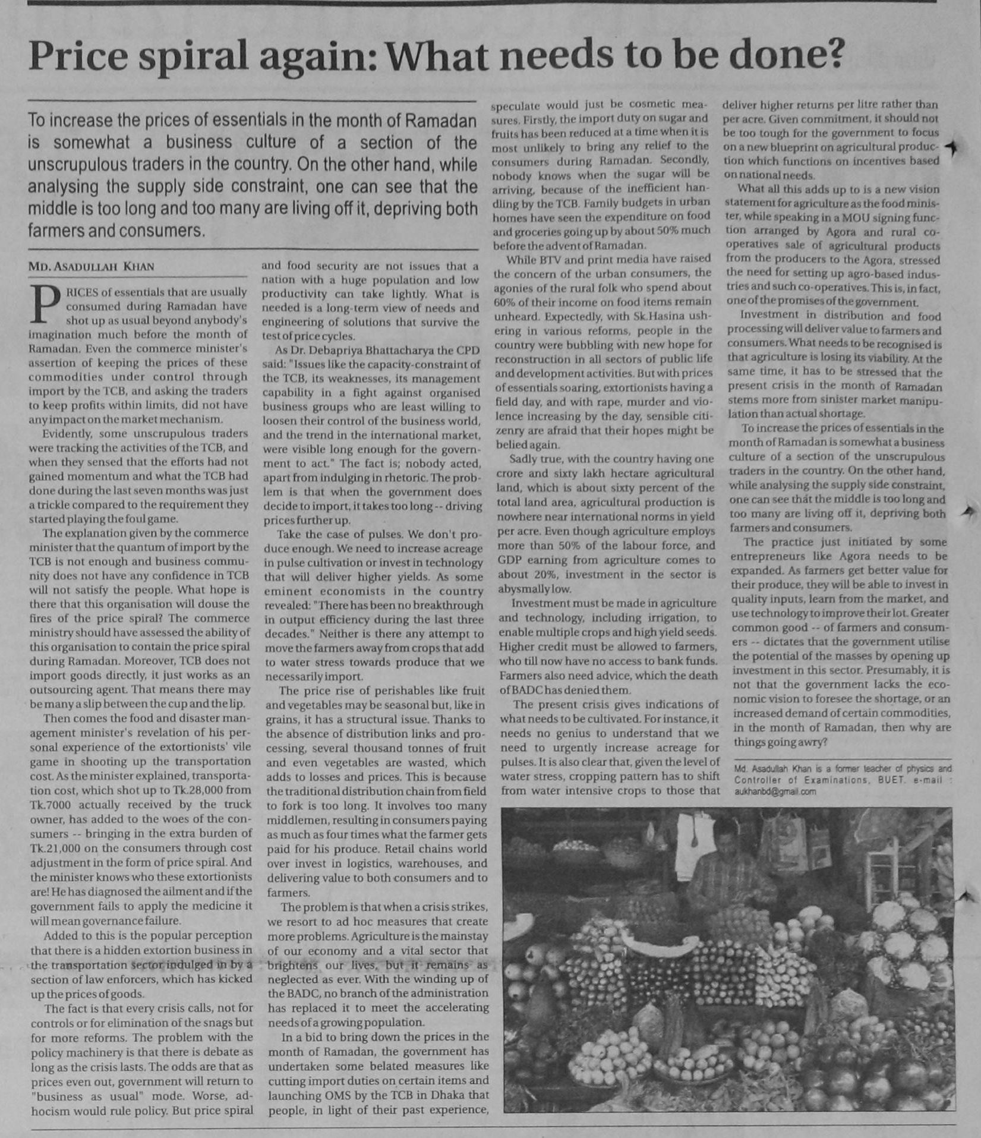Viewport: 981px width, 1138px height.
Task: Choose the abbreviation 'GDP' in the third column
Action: click(x=510, y=560)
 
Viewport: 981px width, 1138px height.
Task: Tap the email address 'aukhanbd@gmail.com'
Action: click(x=766, y=791)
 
